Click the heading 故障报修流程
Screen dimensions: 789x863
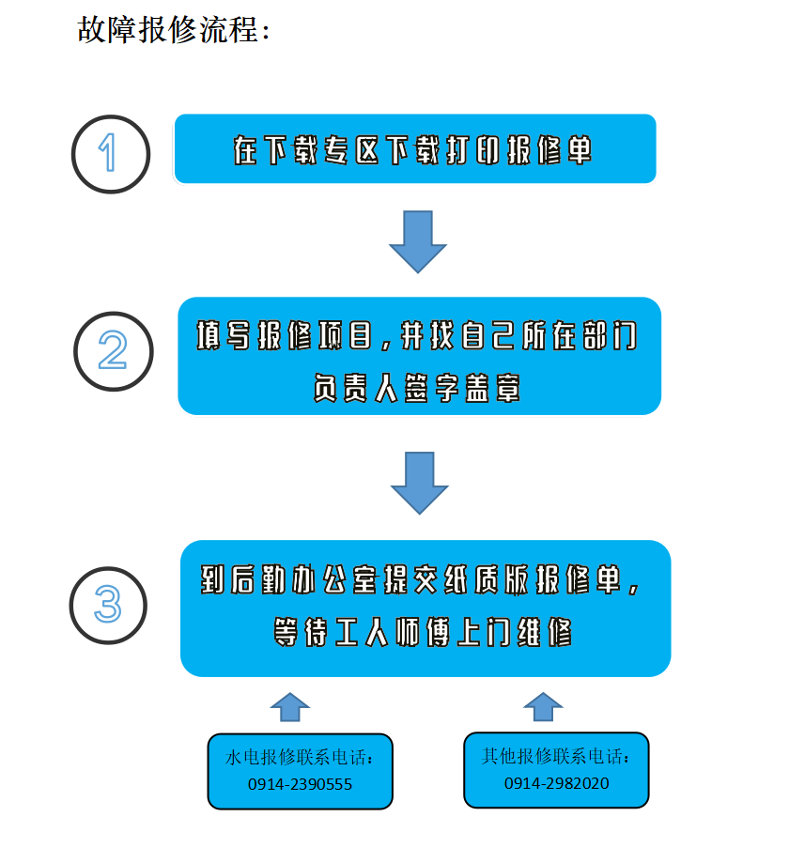coord(167,30)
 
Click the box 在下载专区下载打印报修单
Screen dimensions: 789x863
coord(415,148)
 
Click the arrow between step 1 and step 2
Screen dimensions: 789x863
coord(418,241)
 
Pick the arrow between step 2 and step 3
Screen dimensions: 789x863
coord(420,484)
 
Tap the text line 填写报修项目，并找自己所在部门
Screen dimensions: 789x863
coord(417,335)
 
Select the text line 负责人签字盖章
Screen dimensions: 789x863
coord(417,388)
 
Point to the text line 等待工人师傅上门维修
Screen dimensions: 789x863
coord(423,632)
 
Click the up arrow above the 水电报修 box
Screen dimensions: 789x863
coord(290,707)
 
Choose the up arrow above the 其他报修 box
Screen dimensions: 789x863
coord(543,707)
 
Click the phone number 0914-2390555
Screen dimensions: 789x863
coord(300,784)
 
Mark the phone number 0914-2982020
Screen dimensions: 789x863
coord(557,783)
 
